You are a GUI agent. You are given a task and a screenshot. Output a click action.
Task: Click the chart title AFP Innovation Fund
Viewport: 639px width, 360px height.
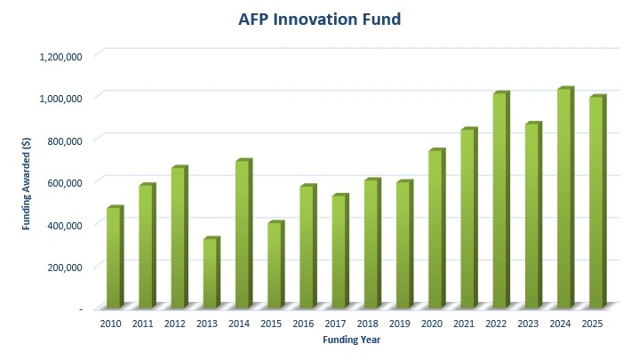318,19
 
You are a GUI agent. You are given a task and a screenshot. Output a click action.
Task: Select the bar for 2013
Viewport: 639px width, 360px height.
211,272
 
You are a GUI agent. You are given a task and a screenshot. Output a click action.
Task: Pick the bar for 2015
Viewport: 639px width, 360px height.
275,264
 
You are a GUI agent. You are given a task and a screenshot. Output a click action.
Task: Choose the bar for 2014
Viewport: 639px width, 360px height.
243,233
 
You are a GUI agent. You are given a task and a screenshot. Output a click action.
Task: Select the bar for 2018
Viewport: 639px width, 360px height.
371,243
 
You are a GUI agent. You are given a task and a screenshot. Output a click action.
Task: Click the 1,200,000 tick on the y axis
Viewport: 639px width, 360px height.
61,56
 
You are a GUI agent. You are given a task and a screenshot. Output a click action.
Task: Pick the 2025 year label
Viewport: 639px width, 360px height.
592,324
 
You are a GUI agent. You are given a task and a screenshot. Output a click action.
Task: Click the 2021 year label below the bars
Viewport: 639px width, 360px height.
465,324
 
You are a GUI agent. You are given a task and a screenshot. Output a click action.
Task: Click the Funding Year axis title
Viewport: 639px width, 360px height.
352,339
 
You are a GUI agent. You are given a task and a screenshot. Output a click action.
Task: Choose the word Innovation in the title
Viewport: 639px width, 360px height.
320,19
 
